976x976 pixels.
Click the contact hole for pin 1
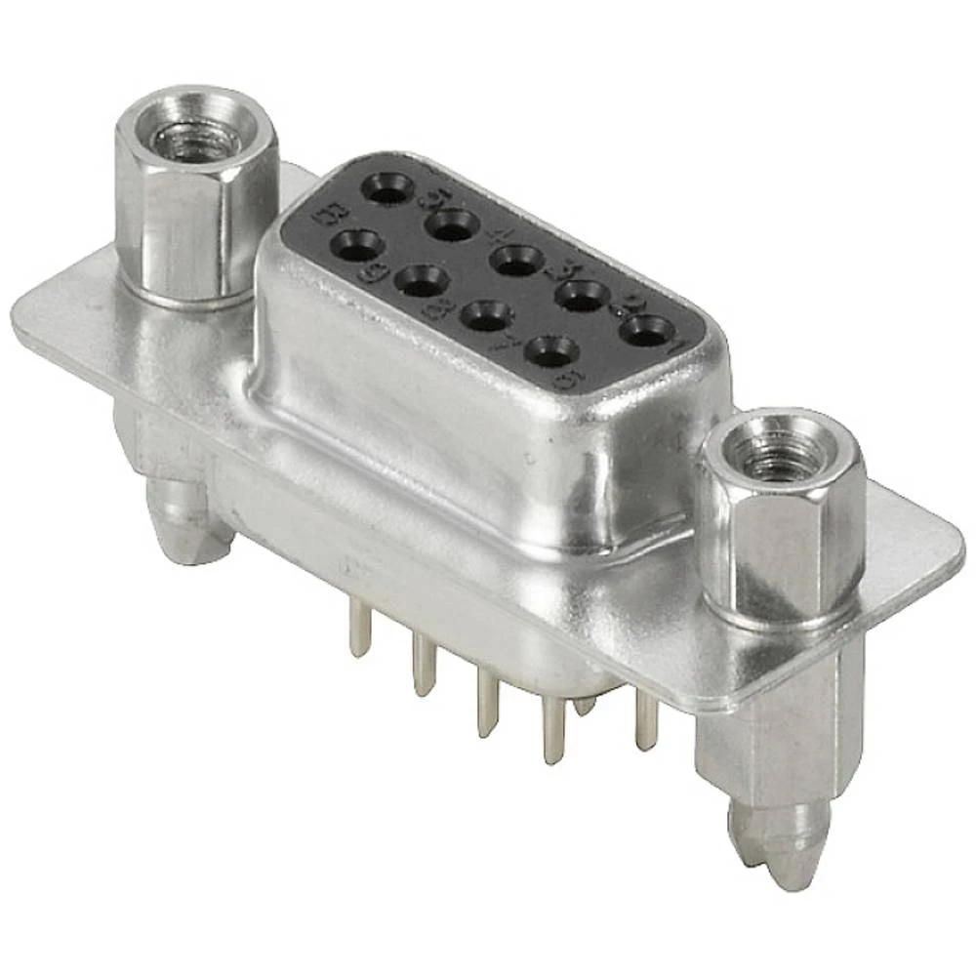646,330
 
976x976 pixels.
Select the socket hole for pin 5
388,189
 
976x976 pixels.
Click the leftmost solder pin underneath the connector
360,630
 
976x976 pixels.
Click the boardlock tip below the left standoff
185,527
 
